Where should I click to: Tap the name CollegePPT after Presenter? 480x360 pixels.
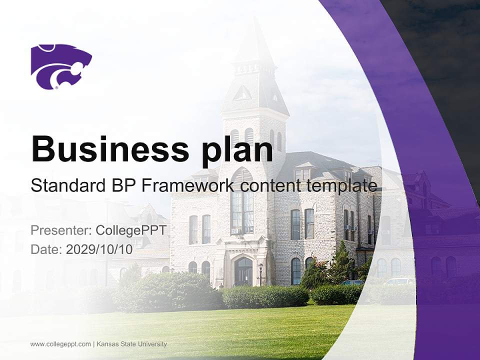click(131, 230)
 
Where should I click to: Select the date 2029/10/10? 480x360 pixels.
click(99, 249)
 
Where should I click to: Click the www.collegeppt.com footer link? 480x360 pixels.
click(60, 344)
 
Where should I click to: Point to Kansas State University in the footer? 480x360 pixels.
click(131, 344)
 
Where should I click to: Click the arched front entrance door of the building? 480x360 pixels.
click(243, 271)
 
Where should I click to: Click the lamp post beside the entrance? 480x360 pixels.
click(260, 274)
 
